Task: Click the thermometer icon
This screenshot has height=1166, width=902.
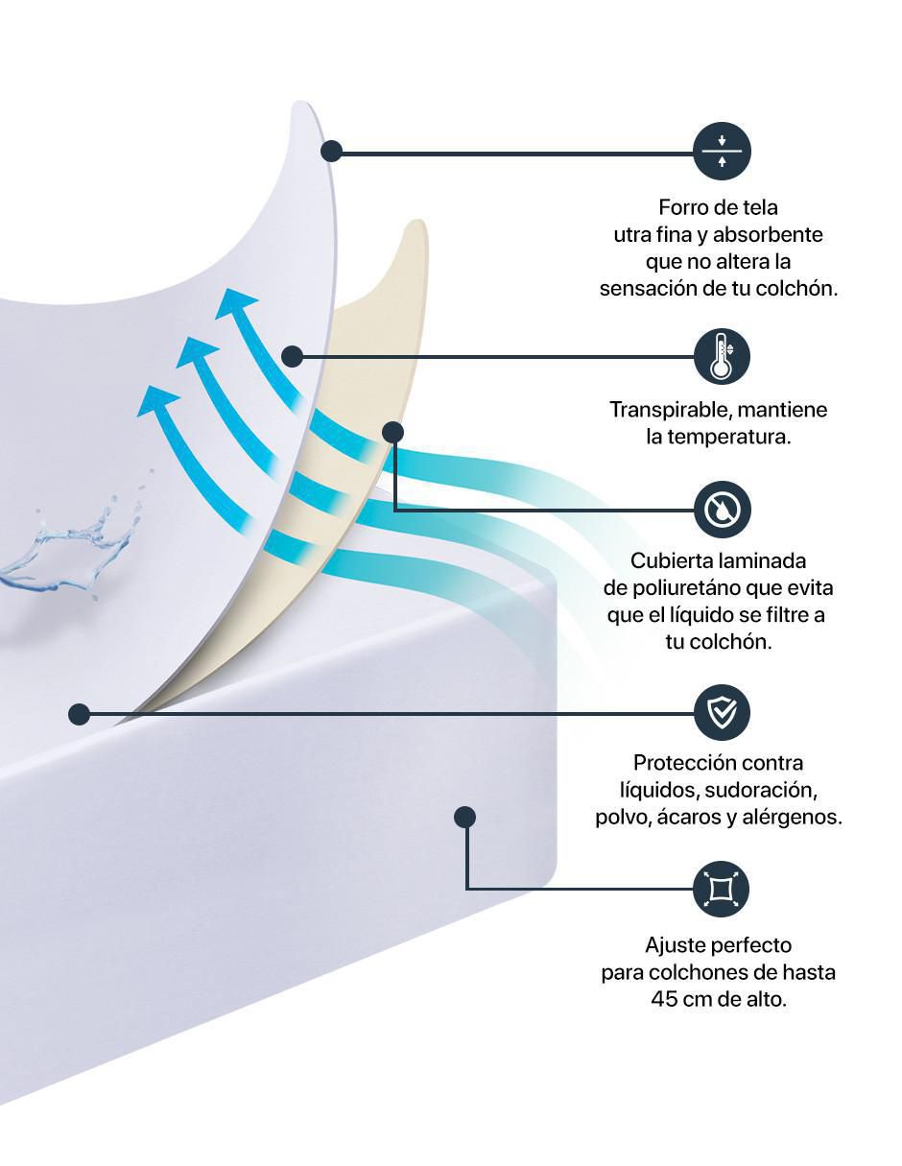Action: pos(722,357)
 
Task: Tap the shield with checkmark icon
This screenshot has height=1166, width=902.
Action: pos(722,712)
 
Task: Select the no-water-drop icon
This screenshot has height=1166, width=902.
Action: pos(722,510)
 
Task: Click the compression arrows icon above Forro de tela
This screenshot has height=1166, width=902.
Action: pos(722,152)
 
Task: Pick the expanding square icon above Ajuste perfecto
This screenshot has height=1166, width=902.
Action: pos(721,889)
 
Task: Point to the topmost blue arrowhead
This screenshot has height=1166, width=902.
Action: pos(236,303)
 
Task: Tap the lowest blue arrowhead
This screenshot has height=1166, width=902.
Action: pos(157,401)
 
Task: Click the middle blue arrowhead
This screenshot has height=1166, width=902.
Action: pos(197,352)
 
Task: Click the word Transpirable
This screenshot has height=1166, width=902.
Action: pos(671,411)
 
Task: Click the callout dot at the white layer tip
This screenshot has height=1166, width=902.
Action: pos(331,152)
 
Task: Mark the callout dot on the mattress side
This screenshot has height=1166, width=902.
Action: pos(464,818)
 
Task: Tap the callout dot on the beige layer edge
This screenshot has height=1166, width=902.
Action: pos(393,432)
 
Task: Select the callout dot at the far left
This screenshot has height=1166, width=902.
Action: pos(80,714)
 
